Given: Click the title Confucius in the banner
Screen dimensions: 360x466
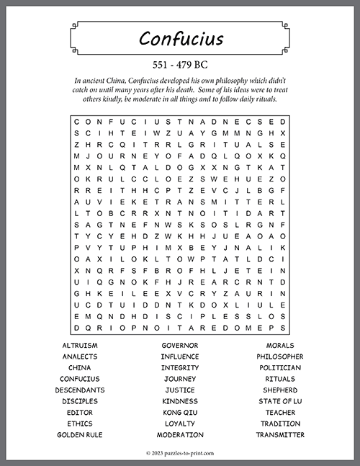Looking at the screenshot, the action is (x=180, y=38).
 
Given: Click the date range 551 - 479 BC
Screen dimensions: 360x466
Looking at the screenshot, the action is (x=180, y=64).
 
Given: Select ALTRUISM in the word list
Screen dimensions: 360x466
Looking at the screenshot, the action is (x=80, y=345).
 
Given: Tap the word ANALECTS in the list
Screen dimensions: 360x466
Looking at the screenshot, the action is (x=80, y=357).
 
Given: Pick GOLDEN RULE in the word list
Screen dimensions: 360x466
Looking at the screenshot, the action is (x=80, y=435).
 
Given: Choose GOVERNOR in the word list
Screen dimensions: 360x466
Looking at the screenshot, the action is (x=180, y=345).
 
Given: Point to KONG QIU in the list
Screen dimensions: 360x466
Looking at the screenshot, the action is (x=180, y=413).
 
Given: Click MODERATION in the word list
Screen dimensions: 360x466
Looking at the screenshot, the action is (x=180, y=435).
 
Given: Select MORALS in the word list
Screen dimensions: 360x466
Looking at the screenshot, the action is (x=280, y=345).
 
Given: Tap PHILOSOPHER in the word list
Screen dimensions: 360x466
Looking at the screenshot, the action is (x=280, y=357).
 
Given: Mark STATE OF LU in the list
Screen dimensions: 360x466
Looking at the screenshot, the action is (x=280, y=401).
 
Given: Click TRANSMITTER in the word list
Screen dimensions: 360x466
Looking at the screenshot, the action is (x=280, y=435).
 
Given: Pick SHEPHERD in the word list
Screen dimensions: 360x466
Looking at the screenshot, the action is (x=280, y=390).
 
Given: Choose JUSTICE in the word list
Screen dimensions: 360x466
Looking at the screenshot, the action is (x=180, y=390).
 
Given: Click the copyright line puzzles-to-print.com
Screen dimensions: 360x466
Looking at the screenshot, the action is (x=180, y=452).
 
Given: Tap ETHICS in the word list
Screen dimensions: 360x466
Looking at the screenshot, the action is (x=80, y=424).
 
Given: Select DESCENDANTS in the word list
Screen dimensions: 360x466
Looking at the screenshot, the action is (x=80, y=390).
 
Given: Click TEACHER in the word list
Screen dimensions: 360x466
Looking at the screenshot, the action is (x=280, y=413).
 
